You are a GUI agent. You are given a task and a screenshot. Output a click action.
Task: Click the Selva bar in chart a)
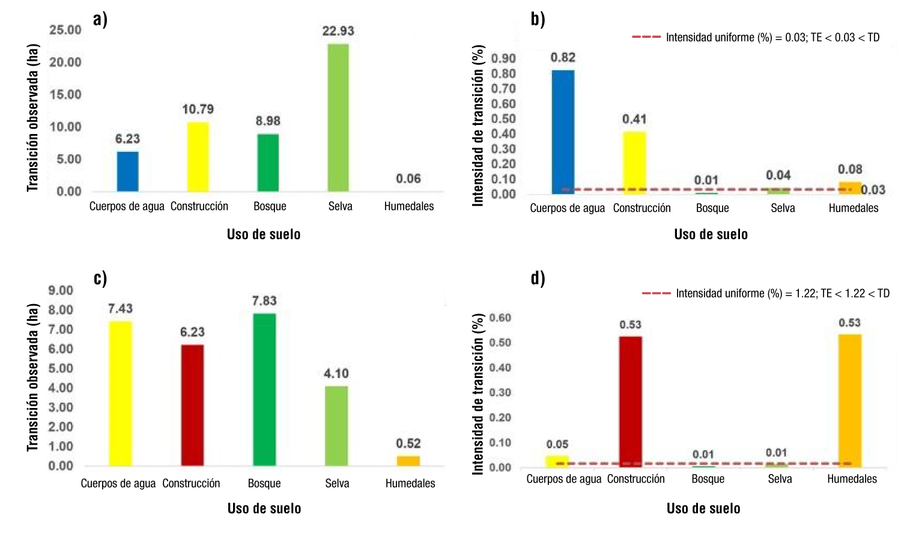tap(338, 117)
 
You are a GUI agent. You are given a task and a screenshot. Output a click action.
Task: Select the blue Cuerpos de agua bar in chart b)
tap(563, 132)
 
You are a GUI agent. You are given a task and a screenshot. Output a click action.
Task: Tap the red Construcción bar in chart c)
tap(192, 405)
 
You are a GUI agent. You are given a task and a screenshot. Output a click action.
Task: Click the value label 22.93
tap(338, 31)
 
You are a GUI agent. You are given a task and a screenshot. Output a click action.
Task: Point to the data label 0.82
tap(563, 58)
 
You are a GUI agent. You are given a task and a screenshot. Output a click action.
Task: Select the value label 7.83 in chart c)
tap(264, 301)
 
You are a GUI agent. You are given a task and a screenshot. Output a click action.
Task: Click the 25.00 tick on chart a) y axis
tap(65, 30)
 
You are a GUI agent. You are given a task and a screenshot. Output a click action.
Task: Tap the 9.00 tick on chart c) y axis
tap(61, 291)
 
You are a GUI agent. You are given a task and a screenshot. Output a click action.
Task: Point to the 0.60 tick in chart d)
tap(500, 318)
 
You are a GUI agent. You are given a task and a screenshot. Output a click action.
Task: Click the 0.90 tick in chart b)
tap(503, 58)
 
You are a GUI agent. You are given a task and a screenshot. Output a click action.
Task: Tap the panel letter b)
tap(538, 19)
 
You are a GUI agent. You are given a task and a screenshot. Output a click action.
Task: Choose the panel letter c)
tap(100, 278)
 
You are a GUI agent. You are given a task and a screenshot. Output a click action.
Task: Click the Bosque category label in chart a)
tap(270, 206)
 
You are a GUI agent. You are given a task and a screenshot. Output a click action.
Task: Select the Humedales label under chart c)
tap(410, 483)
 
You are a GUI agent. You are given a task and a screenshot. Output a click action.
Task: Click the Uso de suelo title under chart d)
tap(703, 508)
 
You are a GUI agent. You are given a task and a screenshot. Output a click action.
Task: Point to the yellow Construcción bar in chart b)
tap(634, 162)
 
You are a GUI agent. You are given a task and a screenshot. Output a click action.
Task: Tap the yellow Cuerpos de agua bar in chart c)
tap(120, 393)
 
